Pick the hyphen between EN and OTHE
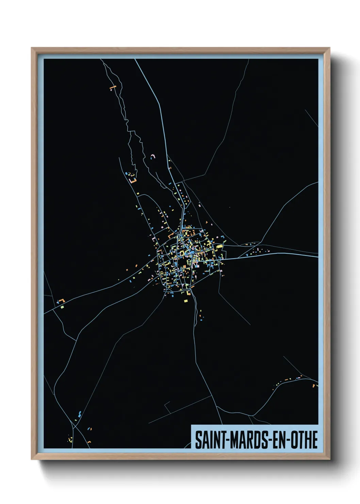(288, 440)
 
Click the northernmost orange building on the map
(113, 88)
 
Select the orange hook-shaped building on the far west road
(61, 301)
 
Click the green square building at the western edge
(63, 307)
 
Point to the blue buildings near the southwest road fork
(80, 414)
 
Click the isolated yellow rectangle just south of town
(186, 301)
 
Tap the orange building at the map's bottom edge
(89, 442)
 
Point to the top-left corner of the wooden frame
(32, 48)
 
